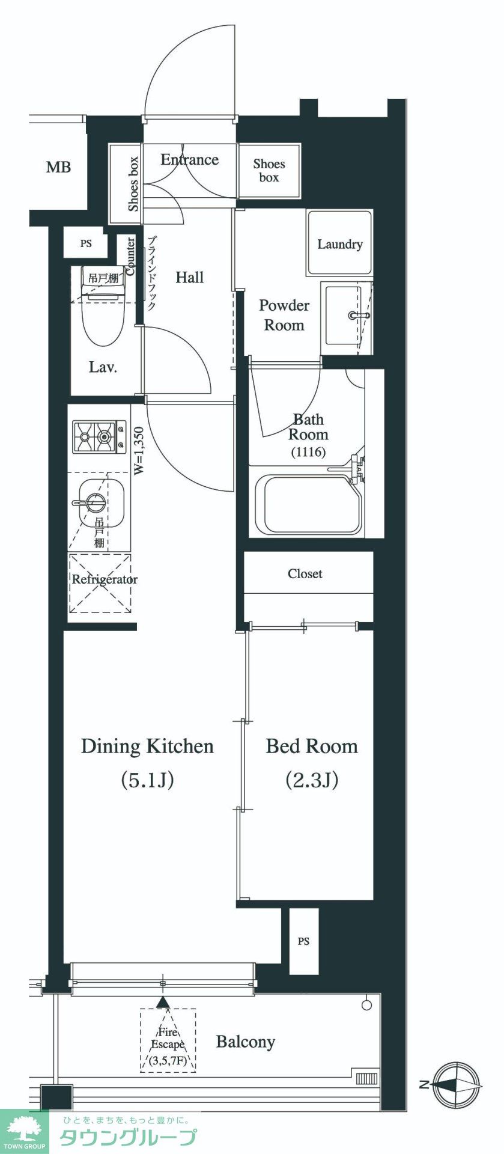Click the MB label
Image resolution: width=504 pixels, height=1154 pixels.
(58, 167)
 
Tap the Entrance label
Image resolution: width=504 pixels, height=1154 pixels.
(189, 159)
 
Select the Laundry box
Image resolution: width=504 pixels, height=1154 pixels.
(339, 243)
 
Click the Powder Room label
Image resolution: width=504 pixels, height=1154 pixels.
(284, 315)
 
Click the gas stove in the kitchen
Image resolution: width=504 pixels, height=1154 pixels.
(99, 437)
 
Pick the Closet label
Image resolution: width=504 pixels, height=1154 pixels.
(305, 574)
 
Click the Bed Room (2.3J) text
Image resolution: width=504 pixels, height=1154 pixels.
(312, 763)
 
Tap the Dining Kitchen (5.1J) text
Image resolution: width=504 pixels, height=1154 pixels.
(147, 763)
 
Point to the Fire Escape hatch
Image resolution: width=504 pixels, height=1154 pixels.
(168, 1040)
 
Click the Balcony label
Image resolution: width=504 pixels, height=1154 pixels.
(246, 1042)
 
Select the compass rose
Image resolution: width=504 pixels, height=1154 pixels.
(458, 1084)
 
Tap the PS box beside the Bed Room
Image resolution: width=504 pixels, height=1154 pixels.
(303, 941)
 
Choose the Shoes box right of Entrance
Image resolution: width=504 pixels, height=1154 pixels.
(269, 171)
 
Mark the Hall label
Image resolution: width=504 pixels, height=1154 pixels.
(190, 277)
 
